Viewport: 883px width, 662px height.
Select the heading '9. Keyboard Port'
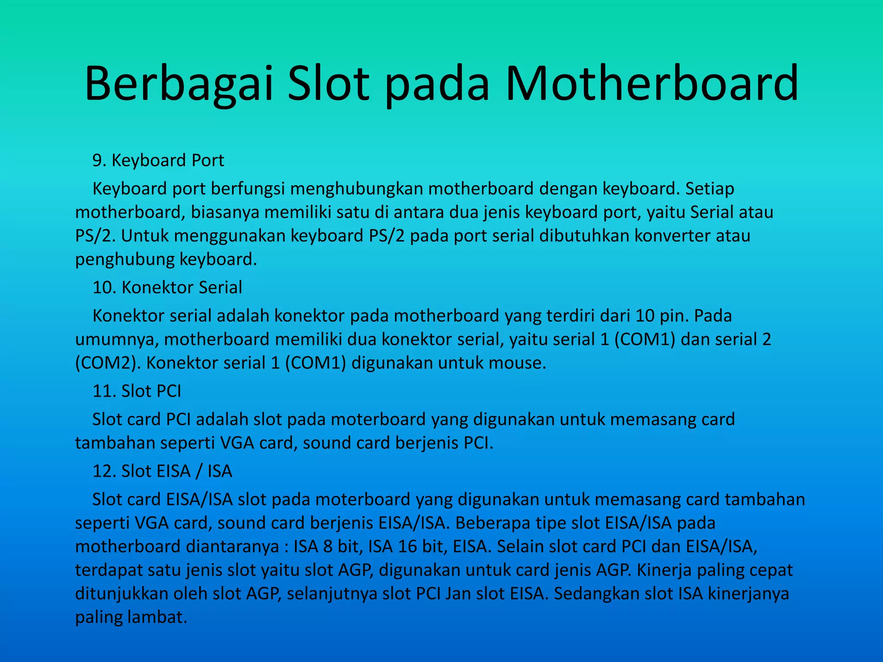158,160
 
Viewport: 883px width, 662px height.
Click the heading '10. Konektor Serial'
167,287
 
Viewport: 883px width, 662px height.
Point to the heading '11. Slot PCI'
137,391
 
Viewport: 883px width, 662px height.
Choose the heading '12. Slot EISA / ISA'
162,471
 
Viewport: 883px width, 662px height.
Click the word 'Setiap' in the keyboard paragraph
710,189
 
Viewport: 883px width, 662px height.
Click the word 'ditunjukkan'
121,593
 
